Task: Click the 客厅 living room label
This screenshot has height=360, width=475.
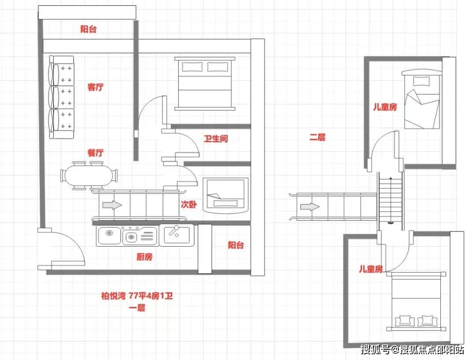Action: coord(95,87)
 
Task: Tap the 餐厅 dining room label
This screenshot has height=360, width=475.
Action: coord(95,153)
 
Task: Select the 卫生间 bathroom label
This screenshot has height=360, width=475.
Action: coord(216,138)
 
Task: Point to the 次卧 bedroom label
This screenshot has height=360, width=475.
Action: coord(189,204)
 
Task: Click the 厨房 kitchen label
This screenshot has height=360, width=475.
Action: coord(145,257)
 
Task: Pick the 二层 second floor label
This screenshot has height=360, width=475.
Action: coord(317,137)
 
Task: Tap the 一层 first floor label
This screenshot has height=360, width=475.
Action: coord(137,308)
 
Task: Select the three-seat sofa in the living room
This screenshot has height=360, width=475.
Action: coord(62,97)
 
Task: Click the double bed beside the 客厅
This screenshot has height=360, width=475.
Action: coord(205,84)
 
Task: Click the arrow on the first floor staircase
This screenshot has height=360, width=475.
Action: coord(112,205)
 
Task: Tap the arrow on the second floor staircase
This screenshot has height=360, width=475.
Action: coord(310,207)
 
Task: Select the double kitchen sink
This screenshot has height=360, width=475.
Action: coord(127,236)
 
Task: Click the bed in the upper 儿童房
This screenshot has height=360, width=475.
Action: coord(421,99)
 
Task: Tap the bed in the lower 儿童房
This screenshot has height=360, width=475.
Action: coord(416,302)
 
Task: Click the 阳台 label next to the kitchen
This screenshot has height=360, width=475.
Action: coord(236,245)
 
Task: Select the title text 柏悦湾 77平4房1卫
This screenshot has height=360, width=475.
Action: coord(137,295)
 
